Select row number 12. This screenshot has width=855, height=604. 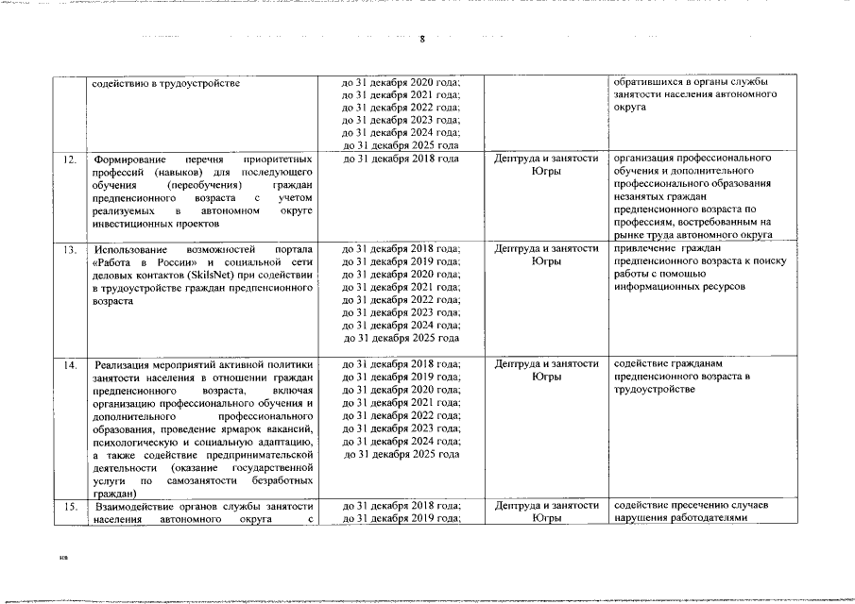tap(71, 159)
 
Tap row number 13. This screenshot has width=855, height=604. tap(71, 249)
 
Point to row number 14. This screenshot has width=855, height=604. tap(71, 363)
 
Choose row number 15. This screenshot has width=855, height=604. tap(71, 506)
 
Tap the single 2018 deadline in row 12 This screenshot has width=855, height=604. tap(401, 159)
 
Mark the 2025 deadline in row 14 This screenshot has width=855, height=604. tap(401, 454)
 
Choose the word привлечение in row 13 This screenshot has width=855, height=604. tap(647, 249)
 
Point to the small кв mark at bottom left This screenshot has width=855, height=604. tap(63, 559)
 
